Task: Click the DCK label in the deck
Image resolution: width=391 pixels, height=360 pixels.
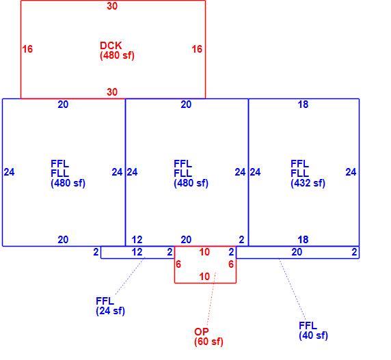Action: [111, 46]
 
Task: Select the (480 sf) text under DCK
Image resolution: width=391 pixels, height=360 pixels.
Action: [117, 55]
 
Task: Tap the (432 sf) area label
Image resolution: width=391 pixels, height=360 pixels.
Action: [308, 183]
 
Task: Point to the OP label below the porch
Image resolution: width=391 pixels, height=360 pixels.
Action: [202, 331]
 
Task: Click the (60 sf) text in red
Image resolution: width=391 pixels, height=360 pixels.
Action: [208, 342]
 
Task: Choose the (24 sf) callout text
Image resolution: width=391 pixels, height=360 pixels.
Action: [110, 311]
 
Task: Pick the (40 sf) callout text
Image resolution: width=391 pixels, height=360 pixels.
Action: [313, 335]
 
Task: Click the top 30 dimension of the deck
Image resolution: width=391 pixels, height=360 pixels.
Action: [112, 6]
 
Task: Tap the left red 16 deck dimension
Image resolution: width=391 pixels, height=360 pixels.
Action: [27, 49]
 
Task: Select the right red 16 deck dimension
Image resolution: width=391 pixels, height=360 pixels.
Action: [197, 49]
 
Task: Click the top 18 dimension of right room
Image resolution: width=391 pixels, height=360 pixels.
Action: [303, 105]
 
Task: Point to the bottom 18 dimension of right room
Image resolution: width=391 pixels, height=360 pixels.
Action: [303, 240]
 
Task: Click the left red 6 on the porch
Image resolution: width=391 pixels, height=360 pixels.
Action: [178, 264]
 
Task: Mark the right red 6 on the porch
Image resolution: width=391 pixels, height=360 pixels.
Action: [231, 264]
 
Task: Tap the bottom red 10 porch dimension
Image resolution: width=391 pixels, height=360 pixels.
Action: [204, 277]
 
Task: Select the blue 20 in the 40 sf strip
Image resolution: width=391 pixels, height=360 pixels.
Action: [297, 252]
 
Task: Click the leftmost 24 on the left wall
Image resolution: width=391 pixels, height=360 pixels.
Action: [9, 172]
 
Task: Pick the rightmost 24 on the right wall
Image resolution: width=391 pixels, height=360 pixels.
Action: [351, 172]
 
